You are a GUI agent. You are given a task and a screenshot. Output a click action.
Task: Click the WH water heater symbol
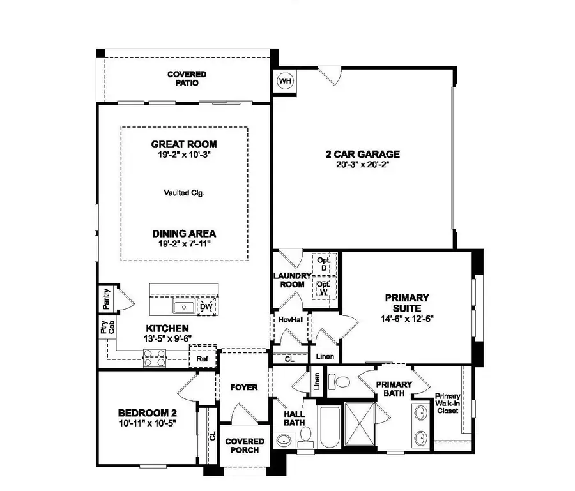[285, 81]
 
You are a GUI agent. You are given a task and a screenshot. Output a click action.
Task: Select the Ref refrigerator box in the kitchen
[203, 359]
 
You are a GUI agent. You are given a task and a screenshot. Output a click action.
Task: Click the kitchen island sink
[185, 308]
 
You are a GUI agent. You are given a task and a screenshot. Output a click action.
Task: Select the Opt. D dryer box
[324, 264]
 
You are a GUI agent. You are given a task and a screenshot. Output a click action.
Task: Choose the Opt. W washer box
[324, 288]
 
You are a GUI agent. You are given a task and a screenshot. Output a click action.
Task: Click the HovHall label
[291, 319]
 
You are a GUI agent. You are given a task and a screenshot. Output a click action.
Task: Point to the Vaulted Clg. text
[184, 192]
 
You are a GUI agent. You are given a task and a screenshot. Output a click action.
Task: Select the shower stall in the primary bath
[362, 425]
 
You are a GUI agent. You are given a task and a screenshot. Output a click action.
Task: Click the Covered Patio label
[187, 79]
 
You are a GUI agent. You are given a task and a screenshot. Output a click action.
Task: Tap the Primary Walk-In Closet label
[447, 404]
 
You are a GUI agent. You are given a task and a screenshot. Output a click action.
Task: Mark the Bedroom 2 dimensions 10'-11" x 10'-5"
[146, 423]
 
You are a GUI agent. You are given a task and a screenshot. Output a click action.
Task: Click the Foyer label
[245, 388]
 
